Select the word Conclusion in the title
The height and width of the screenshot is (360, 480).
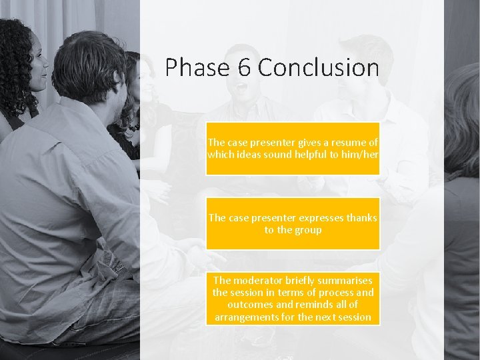point(318,67)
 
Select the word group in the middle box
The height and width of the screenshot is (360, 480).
point(308,230)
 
